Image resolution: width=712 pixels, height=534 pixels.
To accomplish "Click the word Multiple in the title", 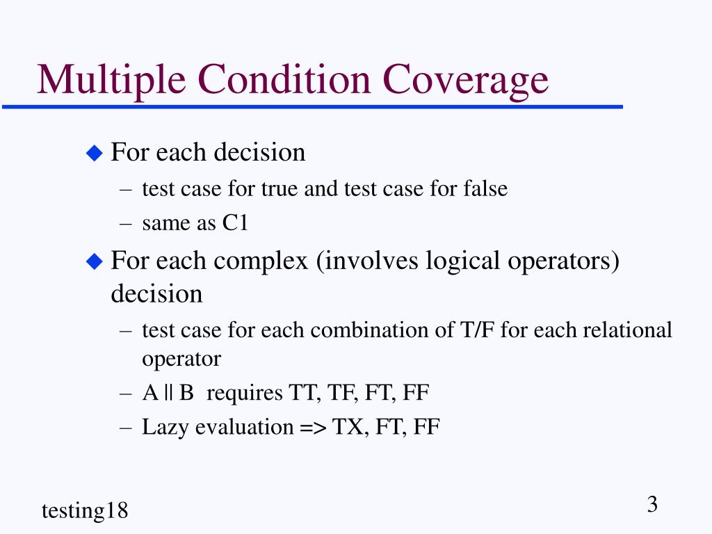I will pyautogui.click(x=111, y=79).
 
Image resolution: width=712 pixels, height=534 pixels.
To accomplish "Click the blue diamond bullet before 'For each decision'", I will pyautogui.click(x=93, y=153).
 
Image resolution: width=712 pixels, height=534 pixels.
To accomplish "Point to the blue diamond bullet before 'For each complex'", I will pyautogui.click(x=93, y=262).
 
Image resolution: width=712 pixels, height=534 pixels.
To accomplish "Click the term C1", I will pyautogui.click(x=235, y=224).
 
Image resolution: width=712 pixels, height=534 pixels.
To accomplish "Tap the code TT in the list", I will pyautogui.click(x=300, y=394).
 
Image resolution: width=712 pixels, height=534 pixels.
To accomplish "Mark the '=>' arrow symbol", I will pyautogui.click(x=312, y=427).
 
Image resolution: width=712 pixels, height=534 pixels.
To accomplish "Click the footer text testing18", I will pyautogui.click(x=85, y=511).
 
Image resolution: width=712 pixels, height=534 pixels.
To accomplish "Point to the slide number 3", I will pyautogui.click(x=652, y=504).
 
